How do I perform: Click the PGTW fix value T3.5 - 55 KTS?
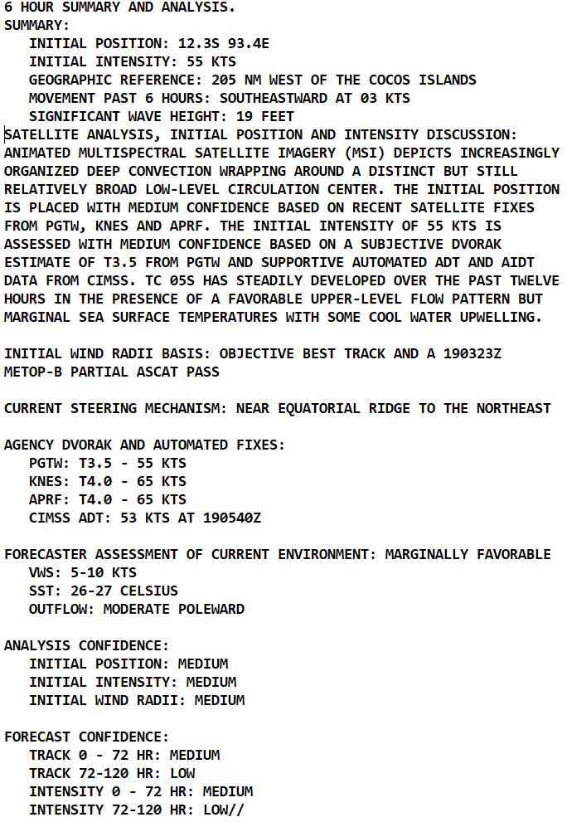(x=132, y=463)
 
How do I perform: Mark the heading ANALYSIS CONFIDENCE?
(x=86, y=645)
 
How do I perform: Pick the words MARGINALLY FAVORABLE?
(x=468, y=554)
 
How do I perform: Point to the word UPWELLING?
(x=505, y=317)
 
